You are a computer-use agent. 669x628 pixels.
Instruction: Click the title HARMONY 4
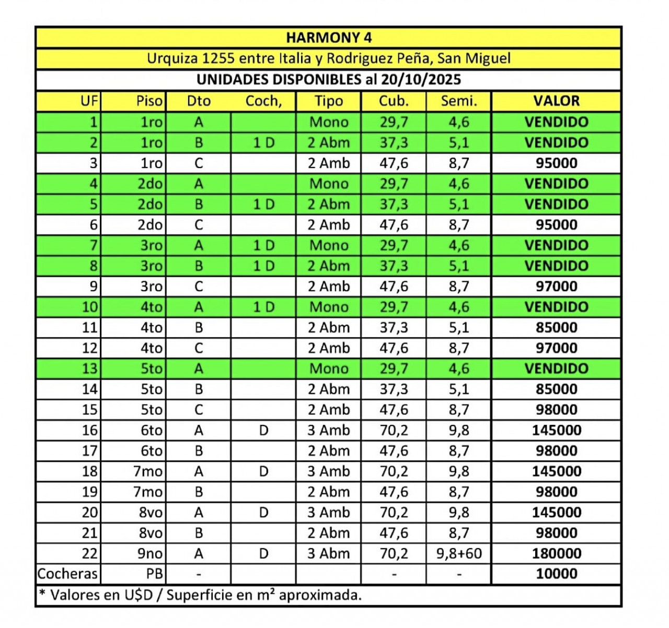tap(329, 38)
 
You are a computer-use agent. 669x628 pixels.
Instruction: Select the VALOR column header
tap(556, 101)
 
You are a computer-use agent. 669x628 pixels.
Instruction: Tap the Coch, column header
tap(263, 101)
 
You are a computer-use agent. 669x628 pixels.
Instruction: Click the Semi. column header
tap(459, 101)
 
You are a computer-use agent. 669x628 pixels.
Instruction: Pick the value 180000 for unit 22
tap(556, 553)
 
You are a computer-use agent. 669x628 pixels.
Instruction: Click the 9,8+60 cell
tap(459, 553)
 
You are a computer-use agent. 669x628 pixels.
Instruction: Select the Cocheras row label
tap(67, 574)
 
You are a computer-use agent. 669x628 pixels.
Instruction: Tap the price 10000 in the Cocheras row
tap(556, 574)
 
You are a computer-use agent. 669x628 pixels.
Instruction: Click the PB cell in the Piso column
tap(155, 574)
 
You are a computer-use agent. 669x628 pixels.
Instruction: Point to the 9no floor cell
tap(150, 553)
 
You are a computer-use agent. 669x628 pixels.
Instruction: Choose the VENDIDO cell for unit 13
tap(556, 369)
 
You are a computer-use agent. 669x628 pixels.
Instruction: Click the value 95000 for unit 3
tap(556, 163)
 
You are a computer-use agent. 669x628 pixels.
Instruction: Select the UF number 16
tap(90, 430)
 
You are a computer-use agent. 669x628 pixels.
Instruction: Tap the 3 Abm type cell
tap(328, 553)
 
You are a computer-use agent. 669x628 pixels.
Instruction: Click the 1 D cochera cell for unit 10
tap(263, 307)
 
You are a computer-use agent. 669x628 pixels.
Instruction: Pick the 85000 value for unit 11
tap(556, 327)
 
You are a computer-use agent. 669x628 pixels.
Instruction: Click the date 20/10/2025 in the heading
tap(421, 79)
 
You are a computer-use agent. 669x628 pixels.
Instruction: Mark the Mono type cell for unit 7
tap(328, 245)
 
